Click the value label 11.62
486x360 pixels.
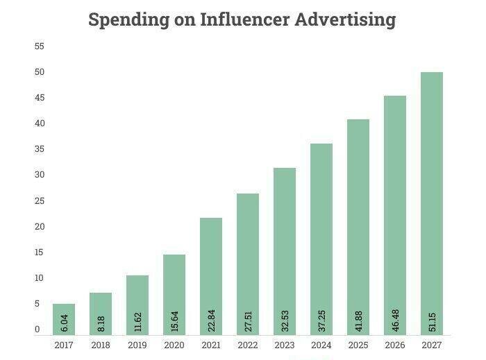[138, 320]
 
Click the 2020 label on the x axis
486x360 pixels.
[174, 345]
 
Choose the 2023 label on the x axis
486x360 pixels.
[285, 345]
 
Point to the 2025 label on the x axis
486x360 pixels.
[358, 345]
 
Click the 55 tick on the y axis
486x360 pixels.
[40, 46]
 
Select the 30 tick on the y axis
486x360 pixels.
[40, 175]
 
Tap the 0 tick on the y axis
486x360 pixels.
[37, 329]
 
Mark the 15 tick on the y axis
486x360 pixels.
[40, 252]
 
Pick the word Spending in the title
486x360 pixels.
[129, 19]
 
